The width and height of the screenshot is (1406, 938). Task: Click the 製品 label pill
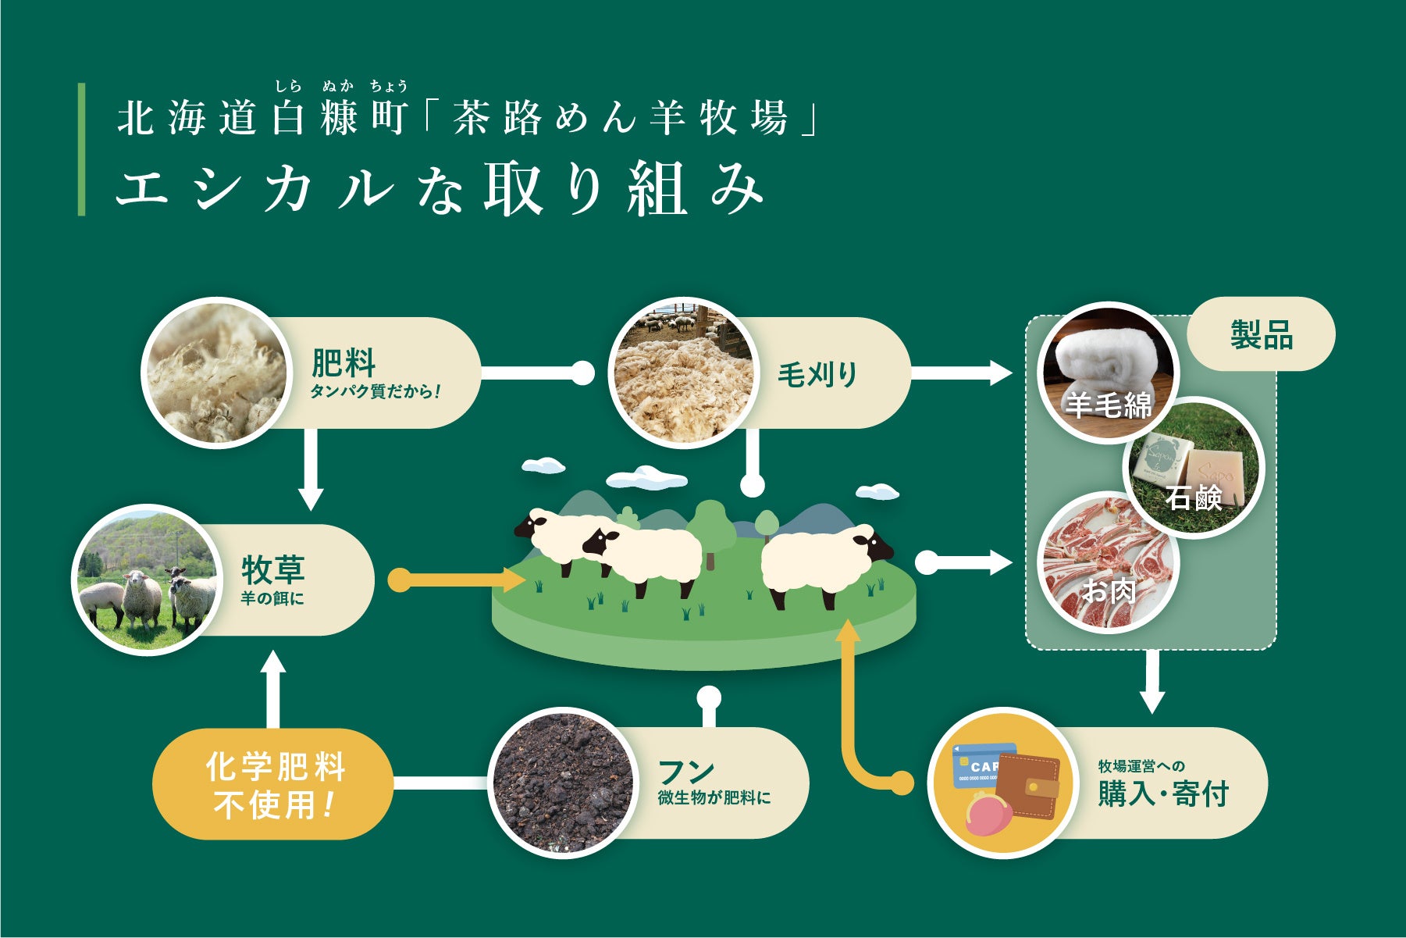pos(1261,334)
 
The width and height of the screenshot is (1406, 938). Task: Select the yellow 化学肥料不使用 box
pos(273,784)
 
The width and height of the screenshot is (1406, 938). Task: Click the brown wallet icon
pos(1029,785)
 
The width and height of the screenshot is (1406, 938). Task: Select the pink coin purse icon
pos(988,817)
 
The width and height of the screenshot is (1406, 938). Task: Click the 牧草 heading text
pos(273,570)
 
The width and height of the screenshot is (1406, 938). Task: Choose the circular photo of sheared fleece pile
pos(683,373)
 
